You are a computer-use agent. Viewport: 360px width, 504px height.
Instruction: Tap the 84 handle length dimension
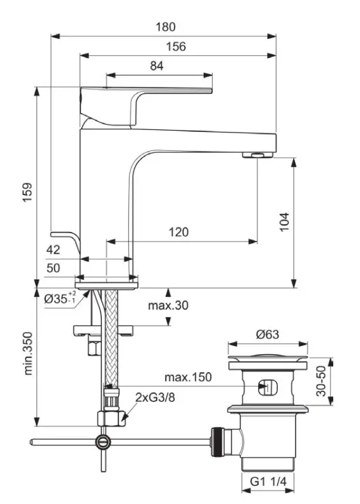pyautogui.click(x=157, y=65)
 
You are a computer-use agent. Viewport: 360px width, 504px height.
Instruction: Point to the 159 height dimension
pyautogui.click(x=27, y=193)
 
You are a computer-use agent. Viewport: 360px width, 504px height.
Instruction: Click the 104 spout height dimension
pyautogui.click(x=284, y=221)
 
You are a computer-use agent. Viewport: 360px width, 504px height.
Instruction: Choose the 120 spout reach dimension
pyautogui.click(x=178, y=232)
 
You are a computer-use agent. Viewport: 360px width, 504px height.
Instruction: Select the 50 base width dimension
pyautogui.click(x=53, y=268)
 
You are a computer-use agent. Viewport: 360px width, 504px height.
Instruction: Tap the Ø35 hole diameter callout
pyautogui.click(x=60, y=298)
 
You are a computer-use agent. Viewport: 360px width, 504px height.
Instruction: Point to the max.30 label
pyautogui.click(x=168, y=305)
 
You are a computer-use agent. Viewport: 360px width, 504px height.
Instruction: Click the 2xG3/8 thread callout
pyautogui.click(x=155, y=397)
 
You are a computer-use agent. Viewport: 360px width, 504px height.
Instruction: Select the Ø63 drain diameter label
pyautogui.click(x=268, y=332)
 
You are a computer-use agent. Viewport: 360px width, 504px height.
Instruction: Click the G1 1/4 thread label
pyautogui.click(x=268, y=482)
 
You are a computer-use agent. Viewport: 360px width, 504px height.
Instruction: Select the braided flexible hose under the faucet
pyautogui.click(x=111, y=338)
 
